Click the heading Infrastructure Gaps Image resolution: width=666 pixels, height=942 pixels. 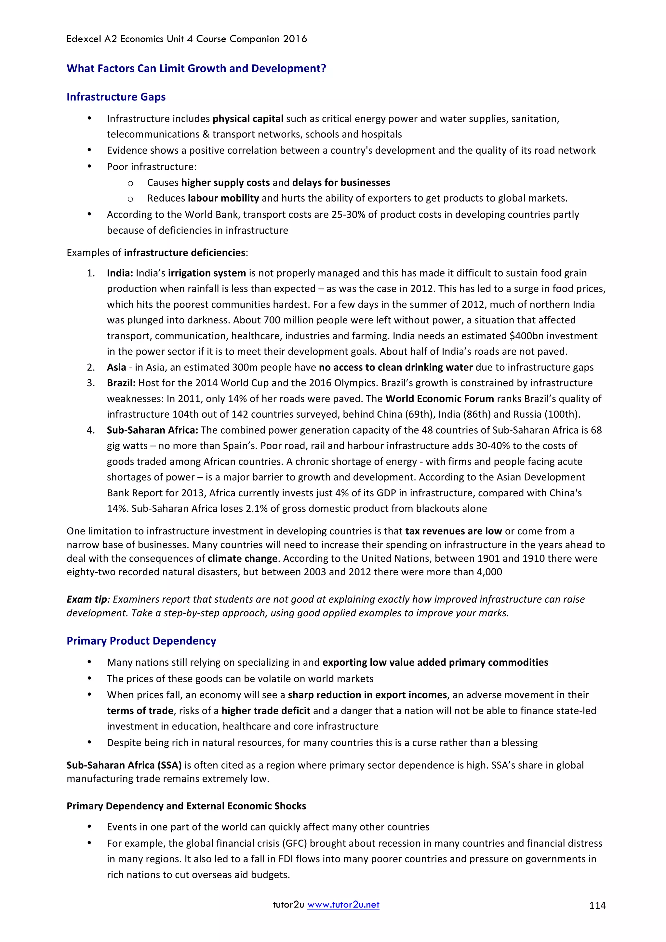116,97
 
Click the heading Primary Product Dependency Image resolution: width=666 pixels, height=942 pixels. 141,641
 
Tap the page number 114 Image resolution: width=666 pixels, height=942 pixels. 597,906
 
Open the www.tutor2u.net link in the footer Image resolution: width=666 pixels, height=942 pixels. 343,905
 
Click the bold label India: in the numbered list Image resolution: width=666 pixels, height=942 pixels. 120,273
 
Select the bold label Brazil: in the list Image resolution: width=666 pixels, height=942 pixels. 121,383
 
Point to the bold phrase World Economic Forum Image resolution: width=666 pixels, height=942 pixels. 439,399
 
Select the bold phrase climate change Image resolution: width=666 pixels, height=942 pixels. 243,559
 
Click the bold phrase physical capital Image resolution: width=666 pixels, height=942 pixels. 248,119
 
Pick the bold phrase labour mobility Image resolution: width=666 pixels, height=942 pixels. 223,199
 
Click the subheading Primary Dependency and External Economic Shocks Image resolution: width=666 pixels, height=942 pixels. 186,806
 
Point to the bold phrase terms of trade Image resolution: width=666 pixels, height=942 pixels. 140,711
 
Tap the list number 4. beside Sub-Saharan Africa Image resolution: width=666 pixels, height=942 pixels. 91,430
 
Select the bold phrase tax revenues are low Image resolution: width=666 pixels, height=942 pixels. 453,531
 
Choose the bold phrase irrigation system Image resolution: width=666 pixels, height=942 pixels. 207,273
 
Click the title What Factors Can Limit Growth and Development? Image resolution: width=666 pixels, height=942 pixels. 196,69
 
